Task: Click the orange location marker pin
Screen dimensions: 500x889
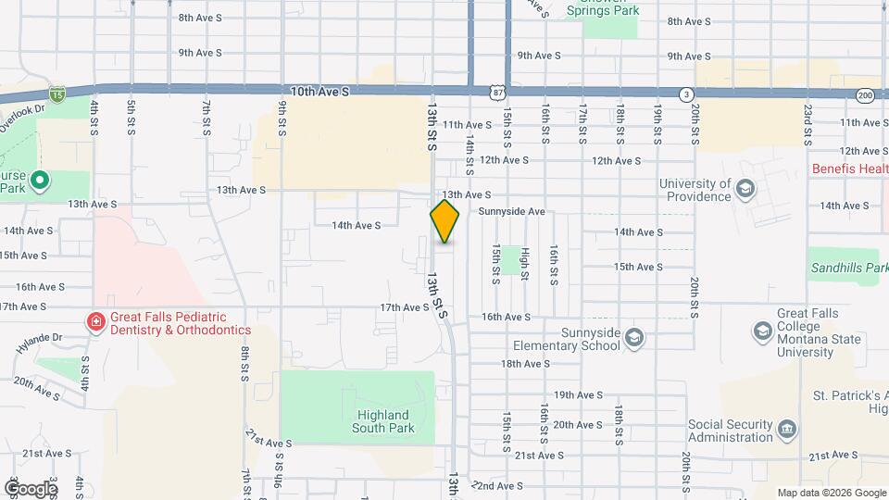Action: tap(444, 221)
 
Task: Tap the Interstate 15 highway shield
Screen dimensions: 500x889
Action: tap(57, 94)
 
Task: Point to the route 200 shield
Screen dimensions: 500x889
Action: tap(865, 94)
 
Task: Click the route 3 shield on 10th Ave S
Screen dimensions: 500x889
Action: tap(686, 94)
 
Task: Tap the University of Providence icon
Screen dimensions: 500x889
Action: tap(745, 190)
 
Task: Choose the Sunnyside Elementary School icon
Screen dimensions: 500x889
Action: tap(633, 337)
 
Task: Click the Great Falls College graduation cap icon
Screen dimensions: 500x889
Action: tap(762, 331)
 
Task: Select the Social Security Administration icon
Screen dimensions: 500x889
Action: tap(787, 430)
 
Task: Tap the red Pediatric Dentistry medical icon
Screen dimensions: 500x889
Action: tap(95, 322)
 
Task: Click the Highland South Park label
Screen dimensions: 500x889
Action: tap(381, 421)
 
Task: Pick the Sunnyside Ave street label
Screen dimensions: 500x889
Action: tap(512, 211)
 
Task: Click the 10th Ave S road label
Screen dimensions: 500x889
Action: tap(319, 92)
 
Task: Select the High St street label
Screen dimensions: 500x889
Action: tap(525, 263)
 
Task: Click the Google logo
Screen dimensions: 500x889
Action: tap(30, 488)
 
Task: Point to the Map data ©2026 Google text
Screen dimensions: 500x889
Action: tap(831, 493)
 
